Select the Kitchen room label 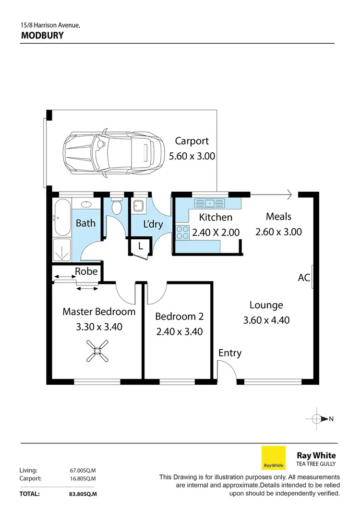point(216,217)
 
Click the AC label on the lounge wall point(303,278)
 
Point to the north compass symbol point(317,419)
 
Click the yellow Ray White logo point(273,458)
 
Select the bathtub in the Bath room point(62,217)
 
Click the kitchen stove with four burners point(182,233)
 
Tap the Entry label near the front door point(230,353)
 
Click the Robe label point(86,271)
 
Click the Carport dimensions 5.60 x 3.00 point(192,156)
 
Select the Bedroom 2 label point(179,317)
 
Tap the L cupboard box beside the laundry point(140,246)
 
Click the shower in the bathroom point(62,249)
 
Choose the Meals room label point(278,217)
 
